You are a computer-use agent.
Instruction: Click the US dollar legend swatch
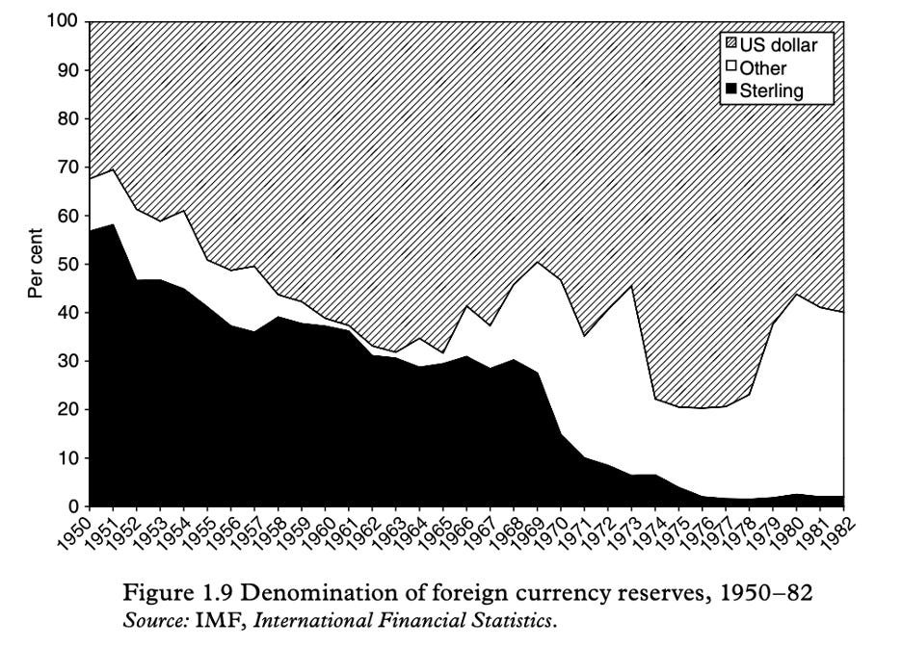730,44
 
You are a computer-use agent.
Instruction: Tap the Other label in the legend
763,68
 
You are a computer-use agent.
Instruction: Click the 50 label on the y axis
68,264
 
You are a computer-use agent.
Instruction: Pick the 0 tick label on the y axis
73,506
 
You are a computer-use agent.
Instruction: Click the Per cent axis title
36,263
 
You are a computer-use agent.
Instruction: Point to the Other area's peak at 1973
632,286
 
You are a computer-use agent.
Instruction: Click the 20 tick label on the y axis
68,409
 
